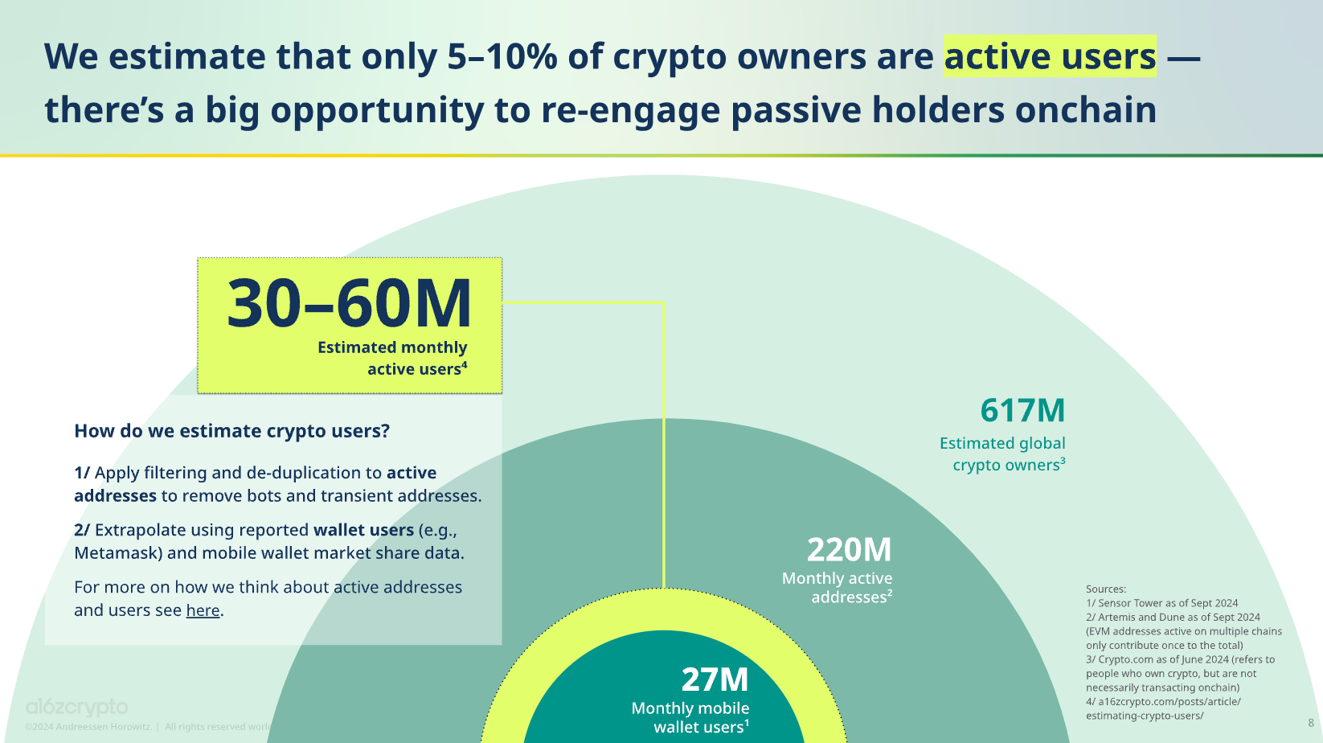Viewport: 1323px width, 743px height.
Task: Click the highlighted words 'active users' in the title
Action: click(1050, 56)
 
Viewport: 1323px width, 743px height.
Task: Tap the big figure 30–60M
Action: click(349, 304)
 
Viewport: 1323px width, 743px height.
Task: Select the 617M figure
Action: click(1022, 411)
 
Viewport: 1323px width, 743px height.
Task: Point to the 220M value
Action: click(849, 550)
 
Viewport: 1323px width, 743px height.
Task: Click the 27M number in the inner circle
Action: click(715, 679)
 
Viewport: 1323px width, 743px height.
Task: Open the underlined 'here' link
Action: click(203, 610)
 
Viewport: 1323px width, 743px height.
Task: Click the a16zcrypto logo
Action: click(76, 707)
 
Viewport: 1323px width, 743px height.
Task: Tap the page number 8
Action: click(1311, 723)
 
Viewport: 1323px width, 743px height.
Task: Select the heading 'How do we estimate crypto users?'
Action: click(231, 431)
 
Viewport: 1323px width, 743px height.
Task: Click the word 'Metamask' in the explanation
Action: click(117, 553)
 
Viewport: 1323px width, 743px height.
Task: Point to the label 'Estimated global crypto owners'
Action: click(1002, 454)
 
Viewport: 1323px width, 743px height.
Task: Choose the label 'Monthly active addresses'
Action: click(837, 588)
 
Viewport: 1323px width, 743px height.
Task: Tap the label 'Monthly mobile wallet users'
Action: click(690, 717)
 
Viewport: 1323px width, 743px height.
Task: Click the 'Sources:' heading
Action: click(1106, 589)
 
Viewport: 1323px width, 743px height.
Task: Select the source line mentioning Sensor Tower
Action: click(1161, 603)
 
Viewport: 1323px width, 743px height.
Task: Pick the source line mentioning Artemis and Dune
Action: click(1173, 618)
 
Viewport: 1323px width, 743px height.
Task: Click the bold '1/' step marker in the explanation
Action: click(82, 473)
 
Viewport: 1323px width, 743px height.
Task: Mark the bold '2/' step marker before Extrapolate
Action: click(82, 530)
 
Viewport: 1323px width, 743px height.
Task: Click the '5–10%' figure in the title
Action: click(502, 56)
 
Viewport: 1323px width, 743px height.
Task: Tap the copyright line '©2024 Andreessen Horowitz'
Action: click(88, 727)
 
